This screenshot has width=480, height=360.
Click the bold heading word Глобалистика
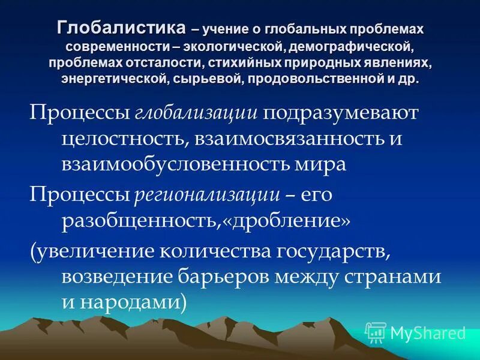[x=121, y=28]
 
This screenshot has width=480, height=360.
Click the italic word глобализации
[x=196, y=114]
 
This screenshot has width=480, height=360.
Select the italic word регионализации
[x=208, y=195]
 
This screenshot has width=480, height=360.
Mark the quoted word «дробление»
[x=287, y=221]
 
